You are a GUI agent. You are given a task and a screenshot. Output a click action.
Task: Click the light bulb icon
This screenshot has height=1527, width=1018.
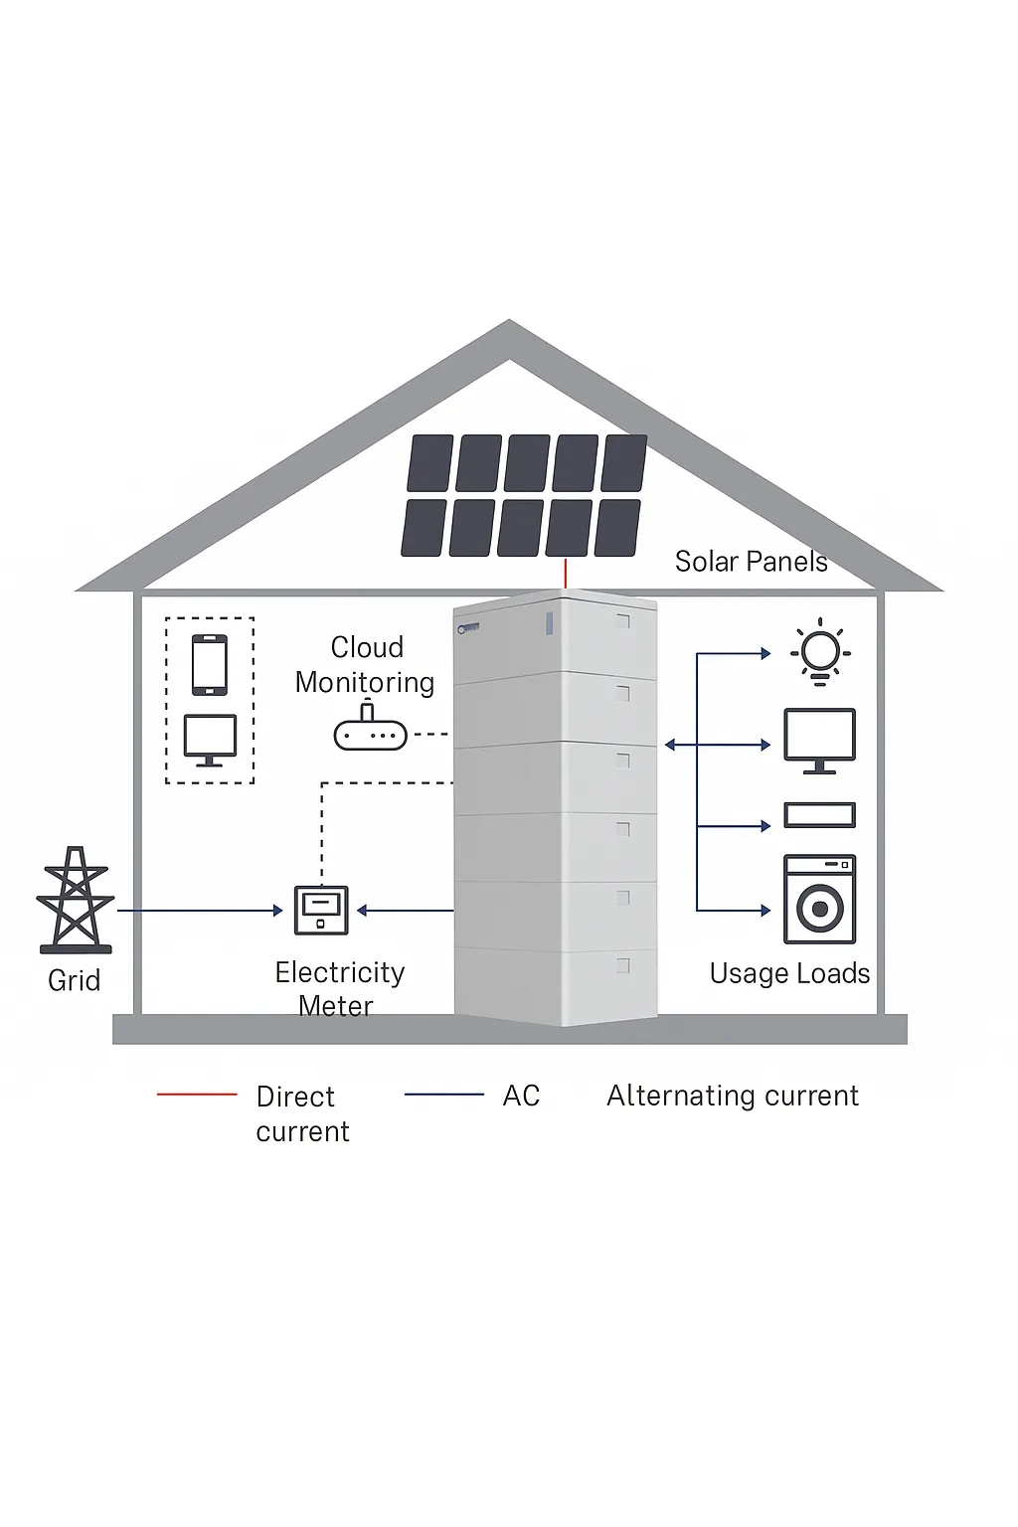pos(819,652)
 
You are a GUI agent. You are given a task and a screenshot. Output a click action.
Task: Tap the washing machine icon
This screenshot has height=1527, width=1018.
pos(819,899)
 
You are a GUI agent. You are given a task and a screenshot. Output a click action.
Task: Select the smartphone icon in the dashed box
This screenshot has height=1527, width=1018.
pos(210,665)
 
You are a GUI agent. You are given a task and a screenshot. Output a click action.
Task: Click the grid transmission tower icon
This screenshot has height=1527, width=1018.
pos(75,899)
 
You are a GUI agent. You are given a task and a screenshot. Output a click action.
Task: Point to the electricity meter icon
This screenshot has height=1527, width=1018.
pos(321,910)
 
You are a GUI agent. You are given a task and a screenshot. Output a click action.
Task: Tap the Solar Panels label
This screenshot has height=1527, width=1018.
pos(751,561)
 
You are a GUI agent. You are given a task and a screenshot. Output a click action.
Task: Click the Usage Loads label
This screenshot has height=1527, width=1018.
pos(789,973)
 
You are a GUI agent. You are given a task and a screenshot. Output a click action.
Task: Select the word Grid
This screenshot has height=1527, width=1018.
pos(75,980)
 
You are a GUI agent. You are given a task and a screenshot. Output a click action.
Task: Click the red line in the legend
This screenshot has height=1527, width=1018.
pos(197,1095)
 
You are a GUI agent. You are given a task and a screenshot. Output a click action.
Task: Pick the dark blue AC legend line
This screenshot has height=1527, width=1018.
pos(443,1095)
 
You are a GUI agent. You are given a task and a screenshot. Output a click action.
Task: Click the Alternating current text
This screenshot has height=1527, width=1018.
pos(733,1096)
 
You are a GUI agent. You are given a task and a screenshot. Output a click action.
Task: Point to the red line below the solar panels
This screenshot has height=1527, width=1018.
pos(566,574)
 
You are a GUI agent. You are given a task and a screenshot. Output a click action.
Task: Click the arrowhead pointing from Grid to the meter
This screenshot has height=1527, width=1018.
pos(277,910)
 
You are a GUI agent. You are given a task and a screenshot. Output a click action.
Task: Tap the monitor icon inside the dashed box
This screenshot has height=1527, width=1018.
pos(210,741)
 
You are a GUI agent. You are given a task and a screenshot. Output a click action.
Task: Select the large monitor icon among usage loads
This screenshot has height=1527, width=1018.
pos(819,741)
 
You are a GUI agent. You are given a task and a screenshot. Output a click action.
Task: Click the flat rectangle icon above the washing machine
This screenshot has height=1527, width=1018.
pos(819,814)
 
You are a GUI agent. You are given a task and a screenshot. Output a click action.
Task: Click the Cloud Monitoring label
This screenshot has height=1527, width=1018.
pos(366,665)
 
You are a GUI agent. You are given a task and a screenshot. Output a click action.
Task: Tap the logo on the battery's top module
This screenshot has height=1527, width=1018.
pos(468,628)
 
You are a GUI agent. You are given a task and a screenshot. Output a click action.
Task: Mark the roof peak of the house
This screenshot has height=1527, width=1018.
pos(509,320)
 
